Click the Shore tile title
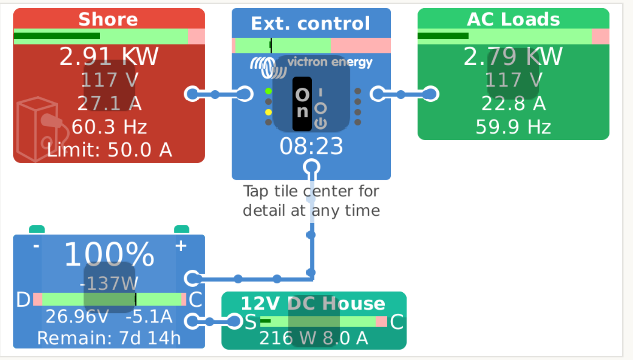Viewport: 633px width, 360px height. (108, 19)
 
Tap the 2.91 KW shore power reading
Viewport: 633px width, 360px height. (109, 57)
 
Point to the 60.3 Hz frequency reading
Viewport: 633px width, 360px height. (109, 127)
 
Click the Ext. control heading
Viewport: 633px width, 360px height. (310, 23)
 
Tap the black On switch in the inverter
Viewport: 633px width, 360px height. (302, 104)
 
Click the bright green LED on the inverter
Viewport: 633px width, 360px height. (269, 91)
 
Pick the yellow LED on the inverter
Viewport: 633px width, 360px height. (269, 112)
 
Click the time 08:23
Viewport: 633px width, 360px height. (311, 146)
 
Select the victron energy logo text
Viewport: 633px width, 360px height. (330, 62)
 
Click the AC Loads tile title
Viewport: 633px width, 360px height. (513, 19)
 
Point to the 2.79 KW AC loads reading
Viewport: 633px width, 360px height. (513, 57)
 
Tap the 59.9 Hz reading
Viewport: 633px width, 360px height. (513, 127)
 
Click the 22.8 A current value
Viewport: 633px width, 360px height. (513, 104)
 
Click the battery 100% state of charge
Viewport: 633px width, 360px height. (109, 255)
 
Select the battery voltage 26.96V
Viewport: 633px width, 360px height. (77, 316)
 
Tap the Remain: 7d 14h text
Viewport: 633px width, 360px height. (109, 338)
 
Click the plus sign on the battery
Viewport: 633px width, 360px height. (181, 246)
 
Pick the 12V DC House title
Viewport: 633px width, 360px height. (313, 303)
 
